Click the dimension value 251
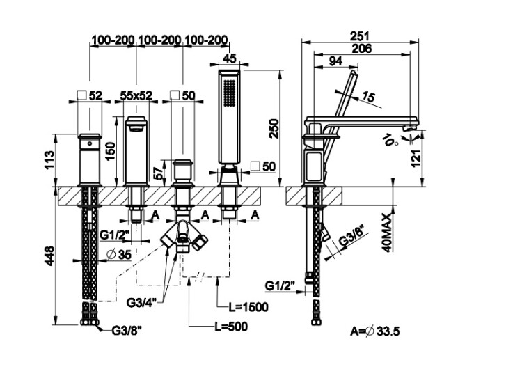(360, 36)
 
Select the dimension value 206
(361, 48)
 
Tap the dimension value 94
(334, 61)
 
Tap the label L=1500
(248, 306)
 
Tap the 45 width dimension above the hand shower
(230, 58)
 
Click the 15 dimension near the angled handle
(368, 97)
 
